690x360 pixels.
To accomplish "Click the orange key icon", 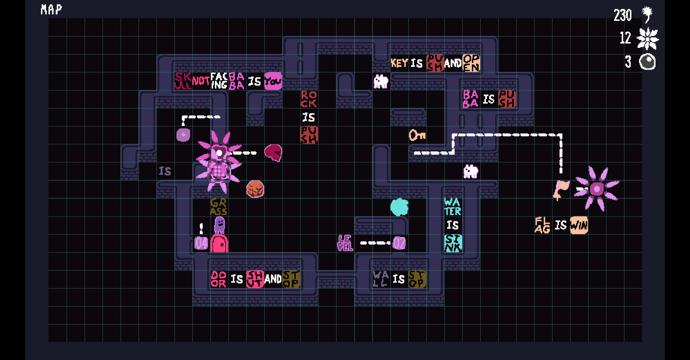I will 417,135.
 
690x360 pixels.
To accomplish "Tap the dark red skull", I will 273,153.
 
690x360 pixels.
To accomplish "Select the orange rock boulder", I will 255,189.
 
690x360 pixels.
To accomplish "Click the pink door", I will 219,243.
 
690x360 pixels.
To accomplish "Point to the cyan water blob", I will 399,207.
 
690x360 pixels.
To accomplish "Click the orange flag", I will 561,189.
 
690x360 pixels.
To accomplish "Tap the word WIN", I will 579,225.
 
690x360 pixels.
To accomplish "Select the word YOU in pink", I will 273,81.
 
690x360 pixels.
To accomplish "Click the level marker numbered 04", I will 201,243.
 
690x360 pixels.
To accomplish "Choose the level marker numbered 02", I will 399,243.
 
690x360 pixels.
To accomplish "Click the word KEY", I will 399,63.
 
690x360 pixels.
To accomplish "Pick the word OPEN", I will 471,63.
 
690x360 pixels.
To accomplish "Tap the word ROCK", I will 309,99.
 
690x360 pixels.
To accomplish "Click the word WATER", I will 453,207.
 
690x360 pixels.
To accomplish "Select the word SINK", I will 453,243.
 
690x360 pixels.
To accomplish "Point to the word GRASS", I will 218,207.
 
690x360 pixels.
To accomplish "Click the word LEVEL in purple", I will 345,243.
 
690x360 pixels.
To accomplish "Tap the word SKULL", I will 183,81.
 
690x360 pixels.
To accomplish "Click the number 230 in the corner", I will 622,15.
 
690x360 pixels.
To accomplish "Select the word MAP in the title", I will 51,9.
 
